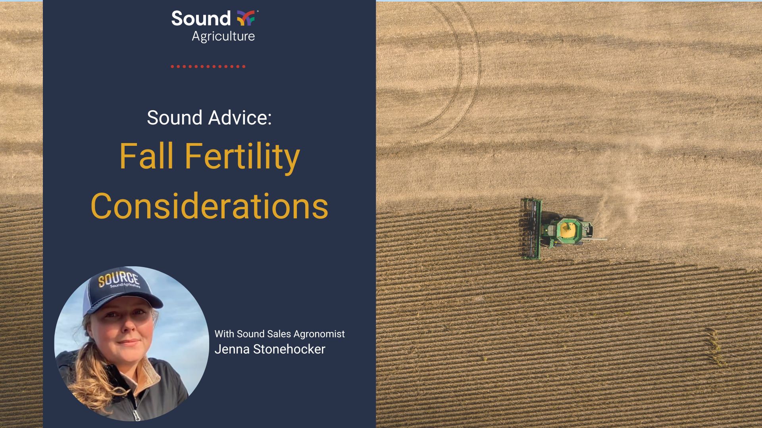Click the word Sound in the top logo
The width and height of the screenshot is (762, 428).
coord(200,19)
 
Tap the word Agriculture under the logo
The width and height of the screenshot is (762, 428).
coord(223,36)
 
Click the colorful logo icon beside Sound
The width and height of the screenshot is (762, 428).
coord(246,18)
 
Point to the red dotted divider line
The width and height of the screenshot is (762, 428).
coord(208,67)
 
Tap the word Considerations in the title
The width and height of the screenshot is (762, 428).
coord(209,206)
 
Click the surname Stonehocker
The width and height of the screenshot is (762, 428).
coord(289,349)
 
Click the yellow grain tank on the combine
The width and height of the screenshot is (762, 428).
coord(567,229)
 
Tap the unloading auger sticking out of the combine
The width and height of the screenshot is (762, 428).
coord(595,239)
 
